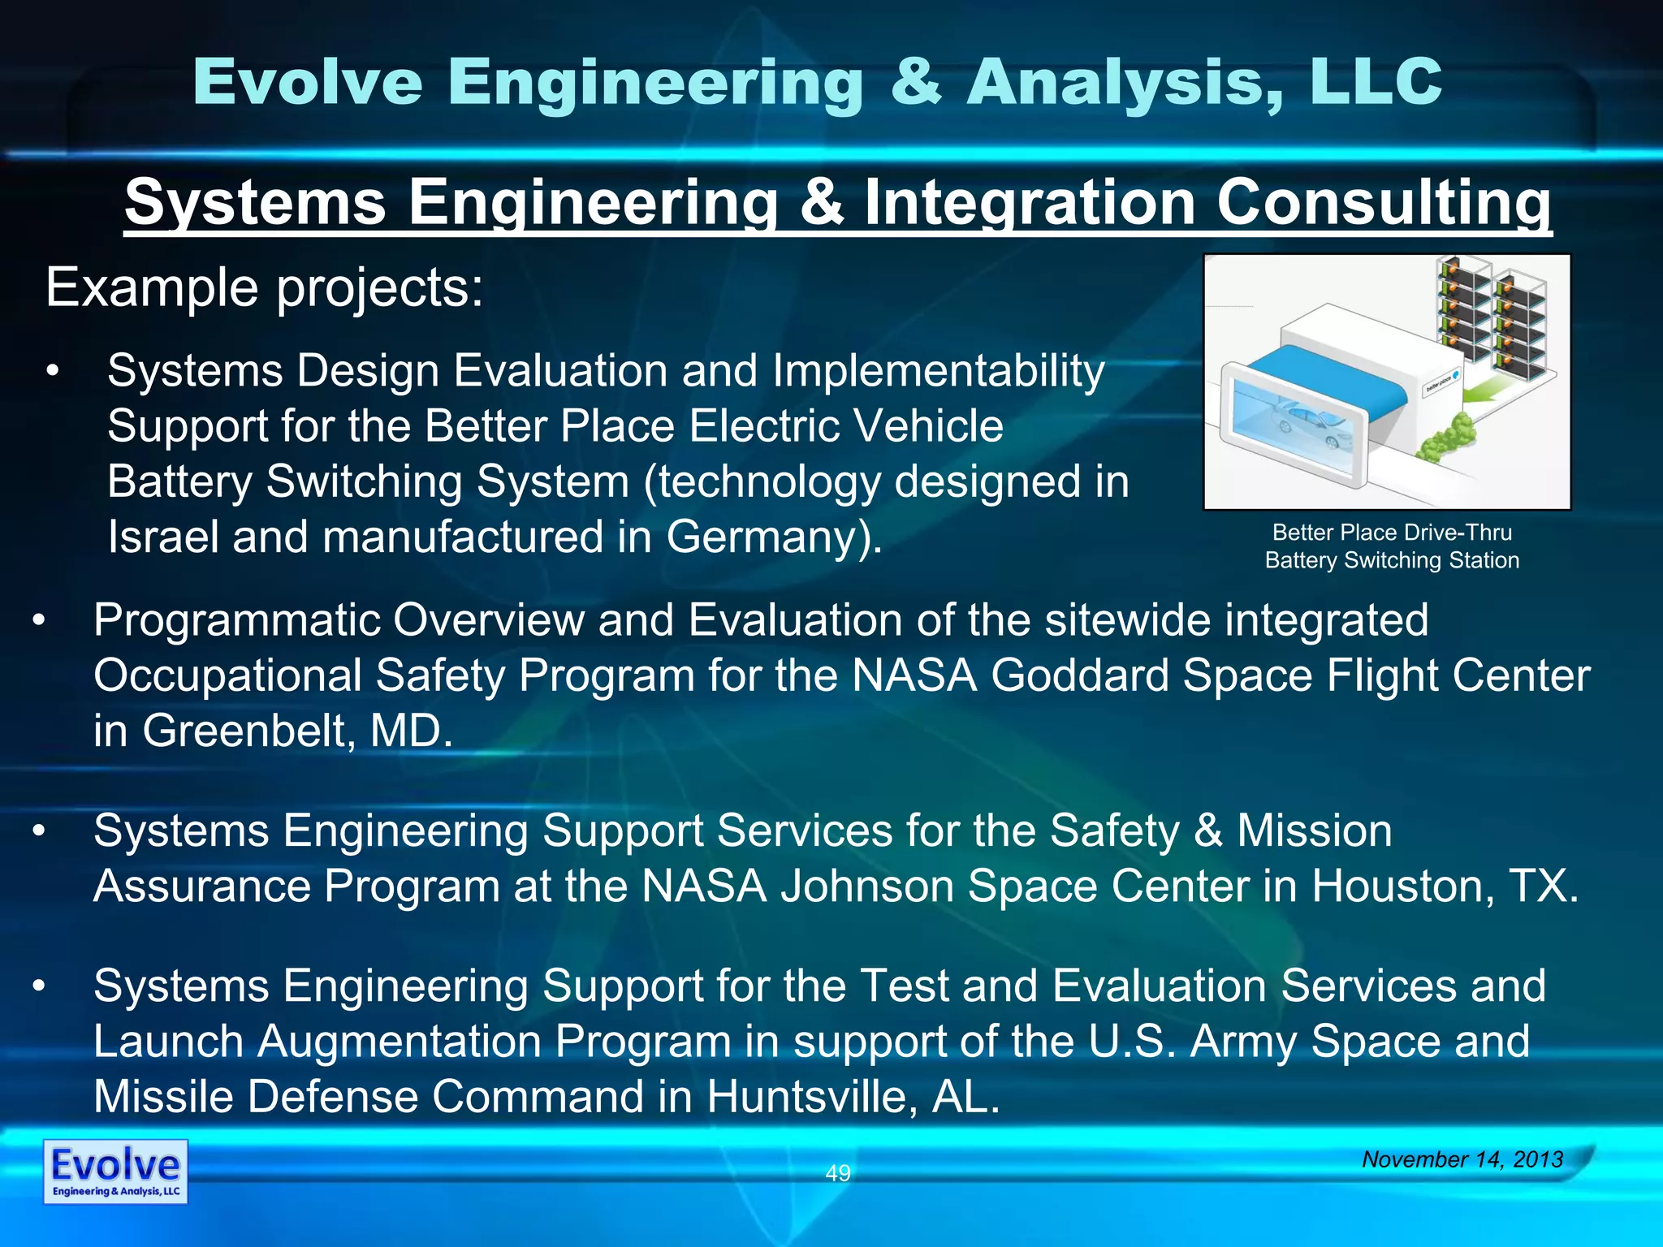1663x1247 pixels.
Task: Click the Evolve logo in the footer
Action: (x=115, y=1171)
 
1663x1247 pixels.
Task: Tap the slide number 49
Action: (x=837, y=1172)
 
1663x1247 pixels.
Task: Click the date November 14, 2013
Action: (x=1462, y=1159)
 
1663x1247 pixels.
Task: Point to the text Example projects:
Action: (x=264, y=288)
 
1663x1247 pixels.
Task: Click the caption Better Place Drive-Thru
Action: (x=1391, y=533)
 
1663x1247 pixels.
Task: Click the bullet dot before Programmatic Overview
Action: (x=38, y=621)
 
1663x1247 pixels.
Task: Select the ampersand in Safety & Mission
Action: (x=1207, y=831)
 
